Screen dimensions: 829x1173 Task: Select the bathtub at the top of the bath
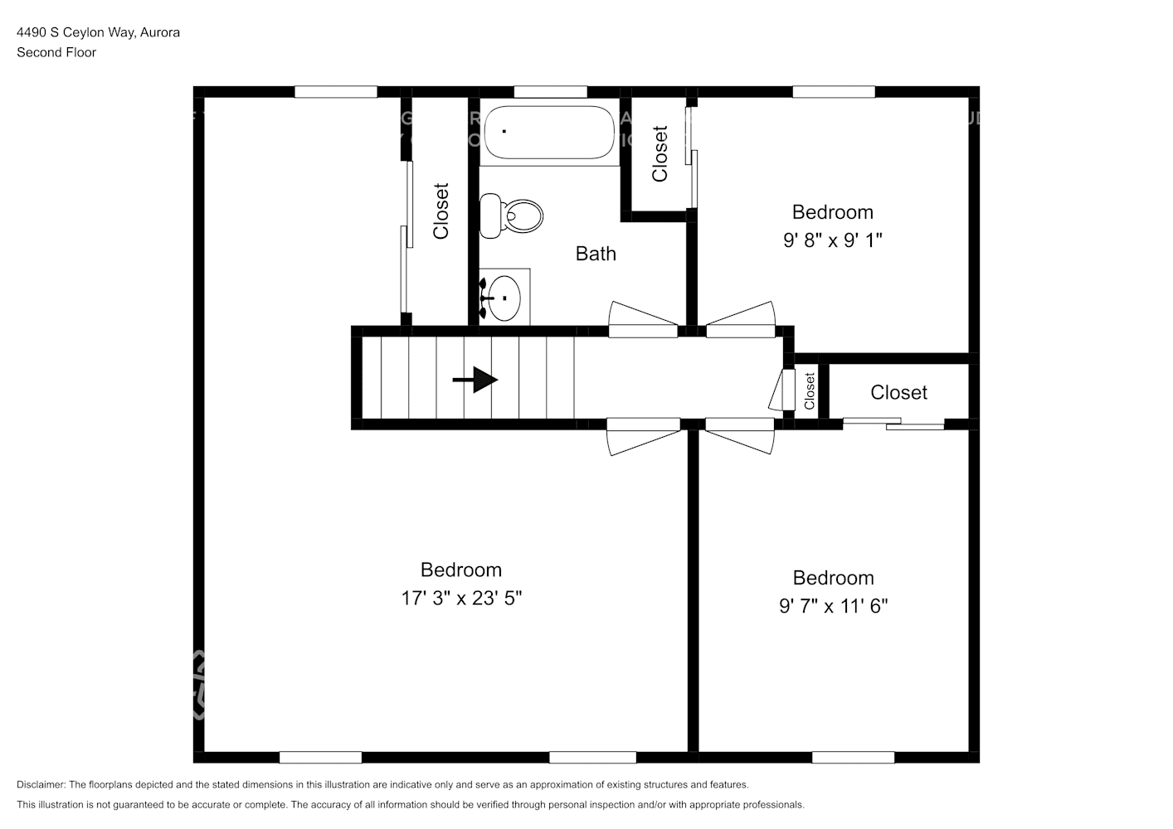pos(549,133)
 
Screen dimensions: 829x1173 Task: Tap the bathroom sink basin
pos(504,298)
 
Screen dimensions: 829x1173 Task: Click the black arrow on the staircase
pos(475,380)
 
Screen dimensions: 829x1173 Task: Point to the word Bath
pos(596,254)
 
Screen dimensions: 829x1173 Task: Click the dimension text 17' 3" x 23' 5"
pos(461,598)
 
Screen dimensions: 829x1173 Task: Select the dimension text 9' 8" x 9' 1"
pos(832,240)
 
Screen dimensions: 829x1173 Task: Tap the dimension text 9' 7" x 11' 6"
pos(833,606)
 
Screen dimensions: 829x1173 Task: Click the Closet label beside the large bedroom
pos(441,211)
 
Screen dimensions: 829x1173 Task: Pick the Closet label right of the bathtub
pos(660,154)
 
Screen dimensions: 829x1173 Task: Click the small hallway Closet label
pos(810,390)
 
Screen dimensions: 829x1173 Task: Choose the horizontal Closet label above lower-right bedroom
pos(898,392)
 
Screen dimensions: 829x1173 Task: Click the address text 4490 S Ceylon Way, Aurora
pos(98,32)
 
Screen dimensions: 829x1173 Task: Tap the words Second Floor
pos(56,52)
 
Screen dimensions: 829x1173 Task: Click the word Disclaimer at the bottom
pos(41,784)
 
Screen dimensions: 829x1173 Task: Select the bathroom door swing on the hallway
pos(643,319)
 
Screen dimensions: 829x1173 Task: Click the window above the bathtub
pos(550,92)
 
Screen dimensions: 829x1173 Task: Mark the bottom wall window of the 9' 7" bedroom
pos(853,757)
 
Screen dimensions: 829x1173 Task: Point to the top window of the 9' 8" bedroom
pos(833,92)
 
